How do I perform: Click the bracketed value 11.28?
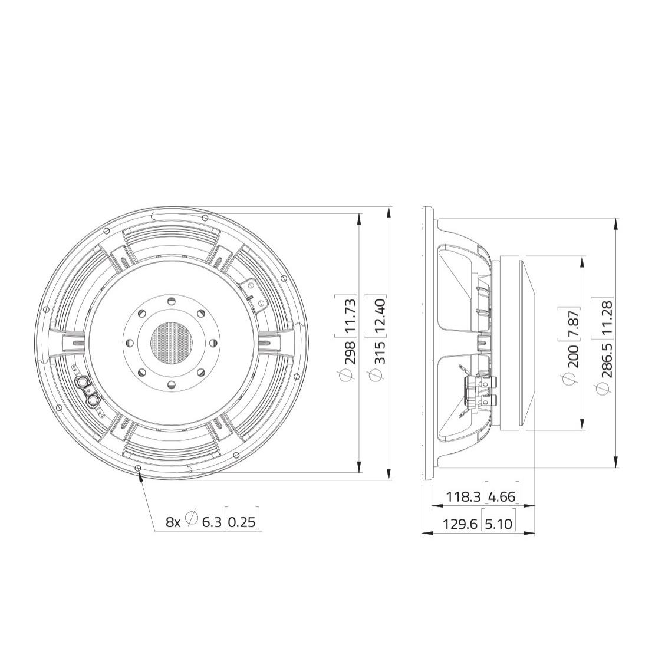point(607,318)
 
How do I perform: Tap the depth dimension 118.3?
point(463,496)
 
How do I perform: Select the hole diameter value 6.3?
point(211,521)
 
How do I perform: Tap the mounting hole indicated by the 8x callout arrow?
point(138,468)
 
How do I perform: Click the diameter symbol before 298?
point(350,375)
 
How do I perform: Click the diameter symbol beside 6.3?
point(192,518)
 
